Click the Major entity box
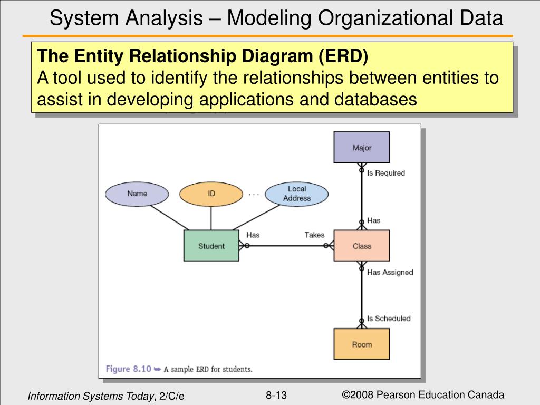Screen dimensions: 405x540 (362, 147)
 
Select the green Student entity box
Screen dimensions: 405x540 (211, 246)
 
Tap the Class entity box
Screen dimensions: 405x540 (362, 246)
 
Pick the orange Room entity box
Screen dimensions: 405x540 (362, 344)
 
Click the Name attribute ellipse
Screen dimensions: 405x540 (137, 194)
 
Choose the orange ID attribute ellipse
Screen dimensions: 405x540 (211, 194)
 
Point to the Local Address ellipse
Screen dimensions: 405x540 (296, 194)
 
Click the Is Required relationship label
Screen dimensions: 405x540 (386, 173)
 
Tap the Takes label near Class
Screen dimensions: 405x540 (314, 235)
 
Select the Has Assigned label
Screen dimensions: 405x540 (390, 272)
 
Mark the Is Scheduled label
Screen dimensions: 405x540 (389, 319)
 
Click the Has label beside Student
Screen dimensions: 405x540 (253, 235)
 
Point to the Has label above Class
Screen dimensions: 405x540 (373, 220)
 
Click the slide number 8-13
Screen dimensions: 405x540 (276, 396)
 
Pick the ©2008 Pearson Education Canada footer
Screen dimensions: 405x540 (423, 395)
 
